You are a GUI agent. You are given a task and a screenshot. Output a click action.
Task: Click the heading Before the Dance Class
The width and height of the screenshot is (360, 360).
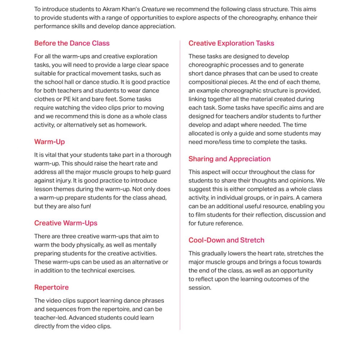pyautogui.click(x=72, y=43)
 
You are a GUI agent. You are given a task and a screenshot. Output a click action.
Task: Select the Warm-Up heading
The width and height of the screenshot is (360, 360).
pyautogui.click(x=50, y=141)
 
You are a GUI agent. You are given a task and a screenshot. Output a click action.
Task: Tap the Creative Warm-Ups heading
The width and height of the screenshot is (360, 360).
pyautogui.click(x=66, y=223)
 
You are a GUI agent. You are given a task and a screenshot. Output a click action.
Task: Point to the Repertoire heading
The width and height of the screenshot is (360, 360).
pyautogui.click(x=51, y=287)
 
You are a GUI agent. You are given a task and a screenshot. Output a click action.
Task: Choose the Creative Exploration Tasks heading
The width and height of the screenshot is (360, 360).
pyautogui.click(x=231, y=43)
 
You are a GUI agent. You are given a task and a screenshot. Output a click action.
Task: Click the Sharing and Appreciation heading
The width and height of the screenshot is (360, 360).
pyautogui.click(x=229, y=159)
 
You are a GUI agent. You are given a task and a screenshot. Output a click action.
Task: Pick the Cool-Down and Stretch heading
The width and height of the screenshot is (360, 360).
pyautogui.click(x=226, y=240)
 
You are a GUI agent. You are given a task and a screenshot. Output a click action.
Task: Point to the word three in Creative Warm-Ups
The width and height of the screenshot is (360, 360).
pyautogui.click(x=64, y=236)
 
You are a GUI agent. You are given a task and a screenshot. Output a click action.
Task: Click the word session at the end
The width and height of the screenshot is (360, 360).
pyautogui.click(x=199, y=288)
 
